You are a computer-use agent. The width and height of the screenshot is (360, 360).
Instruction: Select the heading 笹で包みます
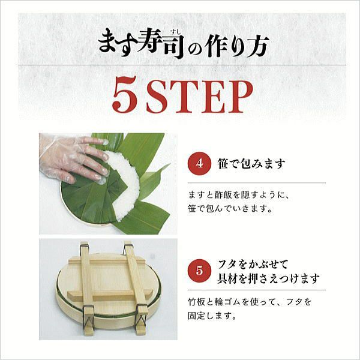point(250,164)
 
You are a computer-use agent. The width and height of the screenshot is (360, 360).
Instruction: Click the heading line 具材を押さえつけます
point(268,278)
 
